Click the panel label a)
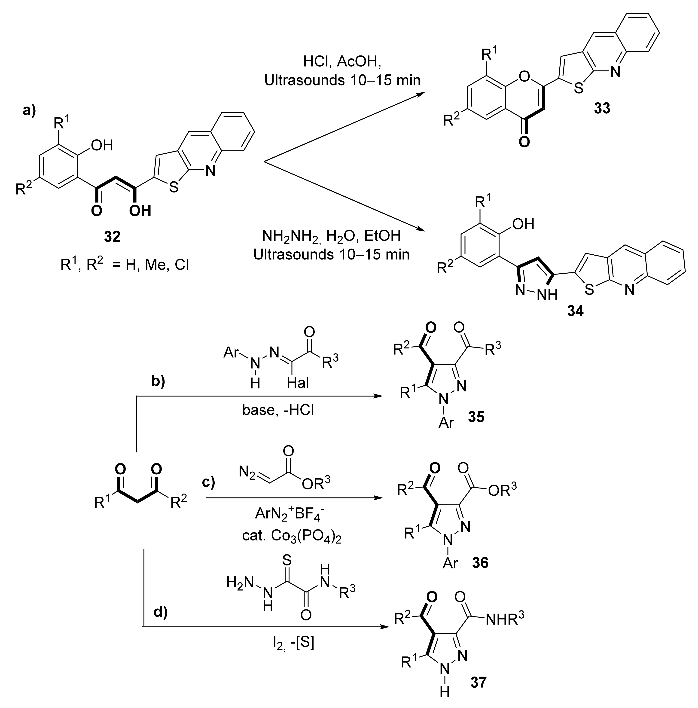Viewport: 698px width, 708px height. point(30,110)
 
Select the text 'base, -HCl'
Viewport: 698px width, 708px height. point(278,410)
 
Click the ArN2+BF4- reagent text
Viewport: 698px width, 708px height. point(290,514)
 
